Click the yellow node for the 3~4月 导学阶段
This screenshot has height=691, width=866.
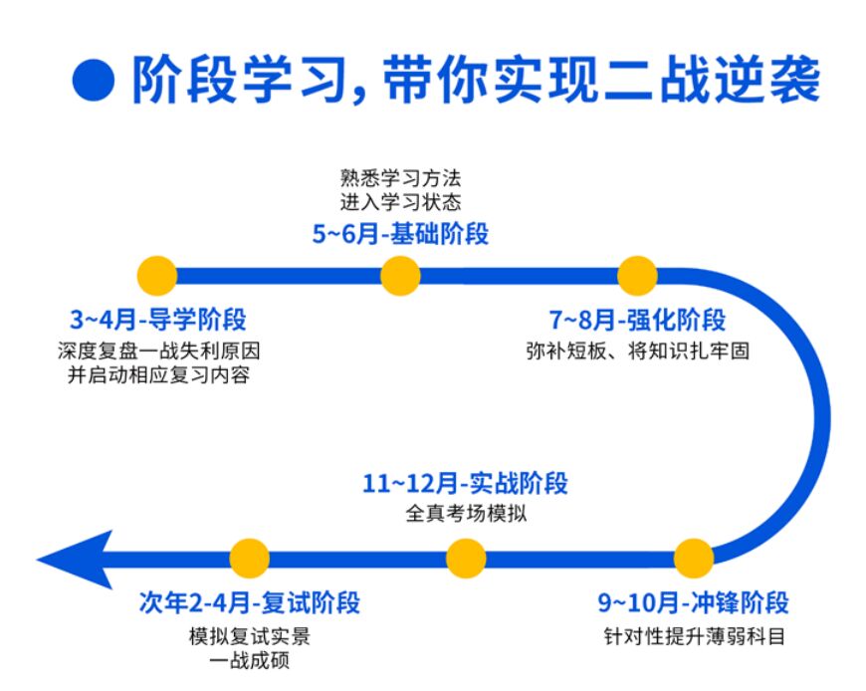click(157, 275)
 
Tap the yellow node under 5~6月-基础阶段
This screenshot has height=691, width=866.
click(400, 275)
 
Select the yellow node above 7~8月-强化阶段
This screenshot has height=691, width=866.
click(638, 275)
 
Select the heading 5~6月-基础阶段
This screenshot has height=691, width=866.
click(401, 235)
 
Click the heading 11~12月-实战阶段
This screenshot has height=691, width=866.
click(466, 484)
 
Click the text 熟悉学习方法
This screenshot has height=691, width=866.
click(401, 181)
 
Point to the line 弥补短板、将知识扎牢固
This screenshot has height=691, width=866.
click(638, 350)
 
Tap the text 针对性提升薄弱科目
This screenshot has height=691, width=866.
click(694, 634)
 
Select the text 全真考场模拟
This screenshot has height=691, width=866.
click(466, 515)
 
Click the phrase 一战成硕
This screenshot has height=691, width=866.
click(250, 660)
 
